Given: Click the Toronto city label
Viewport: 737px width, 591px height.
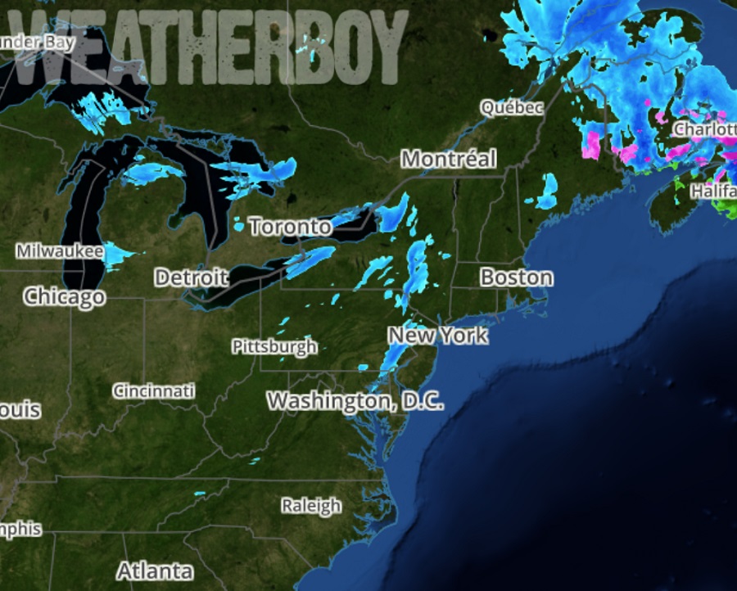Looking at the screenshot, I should point(291,226).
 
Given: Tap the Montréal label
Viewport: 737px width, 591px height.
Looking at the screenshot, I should point(449,159).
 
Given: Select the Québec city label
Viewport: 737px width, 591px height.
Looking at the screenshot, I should point(512,107).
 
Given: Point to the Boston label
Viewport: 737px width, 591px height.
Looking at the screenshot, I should point(516,277).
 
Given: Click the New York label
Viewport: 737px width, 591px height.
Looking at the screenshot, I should point(437,336).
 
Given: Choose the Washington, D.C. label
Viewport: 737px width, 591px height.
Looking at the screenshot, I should point(355,401).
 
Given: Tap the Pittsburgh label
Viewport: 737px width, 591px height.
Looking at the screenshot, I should point(274,346).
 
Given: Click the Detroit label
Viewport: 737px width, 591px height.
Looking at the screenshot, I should point(191,277).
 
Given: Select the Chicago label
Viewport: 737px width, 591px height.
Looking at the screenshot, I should point(65,296).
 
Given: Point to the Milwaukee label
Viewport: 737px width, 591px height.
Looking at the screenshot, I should point(59,251).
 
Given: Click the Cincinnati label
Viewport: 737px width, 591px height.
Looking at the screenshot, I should point(154,390).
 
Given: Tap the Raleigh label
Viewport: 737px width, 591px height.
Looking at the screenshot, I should point(311,505).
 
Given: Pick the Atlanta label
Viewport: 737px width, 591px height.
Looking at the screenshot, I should point(155,571).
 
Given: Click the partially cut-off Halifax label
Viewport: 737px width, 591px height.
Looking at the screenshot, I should point(714,191).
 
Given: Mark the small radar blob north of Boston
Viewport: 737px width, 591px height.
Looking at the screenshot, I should point(547,191).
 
